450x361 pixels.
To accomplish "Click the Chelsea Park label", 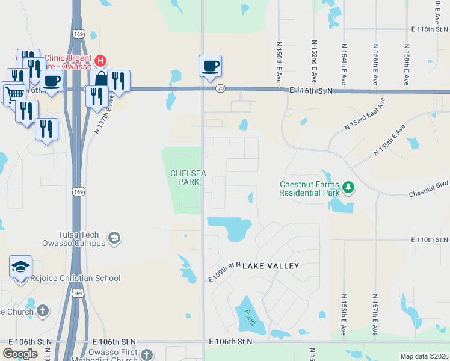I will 188,177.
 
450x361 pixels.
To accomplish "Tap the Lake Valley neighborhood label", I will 271,265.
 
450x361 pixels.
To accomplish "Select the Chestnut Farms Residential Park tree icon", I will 348,188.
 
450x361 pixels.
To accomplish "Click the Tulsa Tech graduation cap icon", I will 114,239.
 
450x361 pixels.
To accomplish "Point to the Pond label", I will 250,317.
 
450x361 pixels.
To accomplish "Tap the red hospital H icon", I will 100,61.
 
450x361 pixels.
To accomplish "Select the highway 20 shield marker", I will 221,88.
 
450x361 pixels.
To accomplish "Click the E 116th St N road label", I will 311,90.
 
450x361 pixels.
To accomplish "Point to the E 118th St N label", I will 430,29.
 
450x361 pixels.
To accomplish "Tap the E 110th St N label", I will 430,239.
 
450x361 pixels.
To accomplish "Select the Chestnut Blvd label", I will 428,193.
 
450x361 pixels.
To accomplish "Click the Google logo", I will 20,353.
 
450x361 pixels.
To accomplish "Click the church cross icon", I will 42,311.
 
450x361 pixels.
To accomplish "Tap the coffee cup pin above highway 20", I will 210,66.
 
